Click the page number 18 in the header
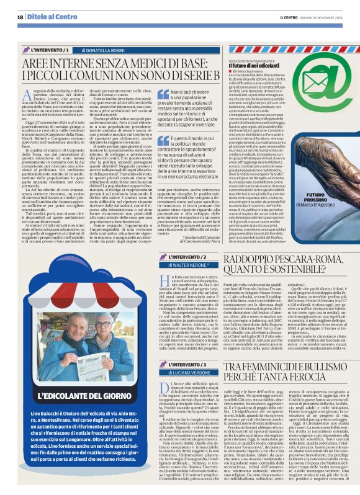pos(20,17)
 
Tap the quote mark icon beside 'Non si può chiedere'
pos(155,93)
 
